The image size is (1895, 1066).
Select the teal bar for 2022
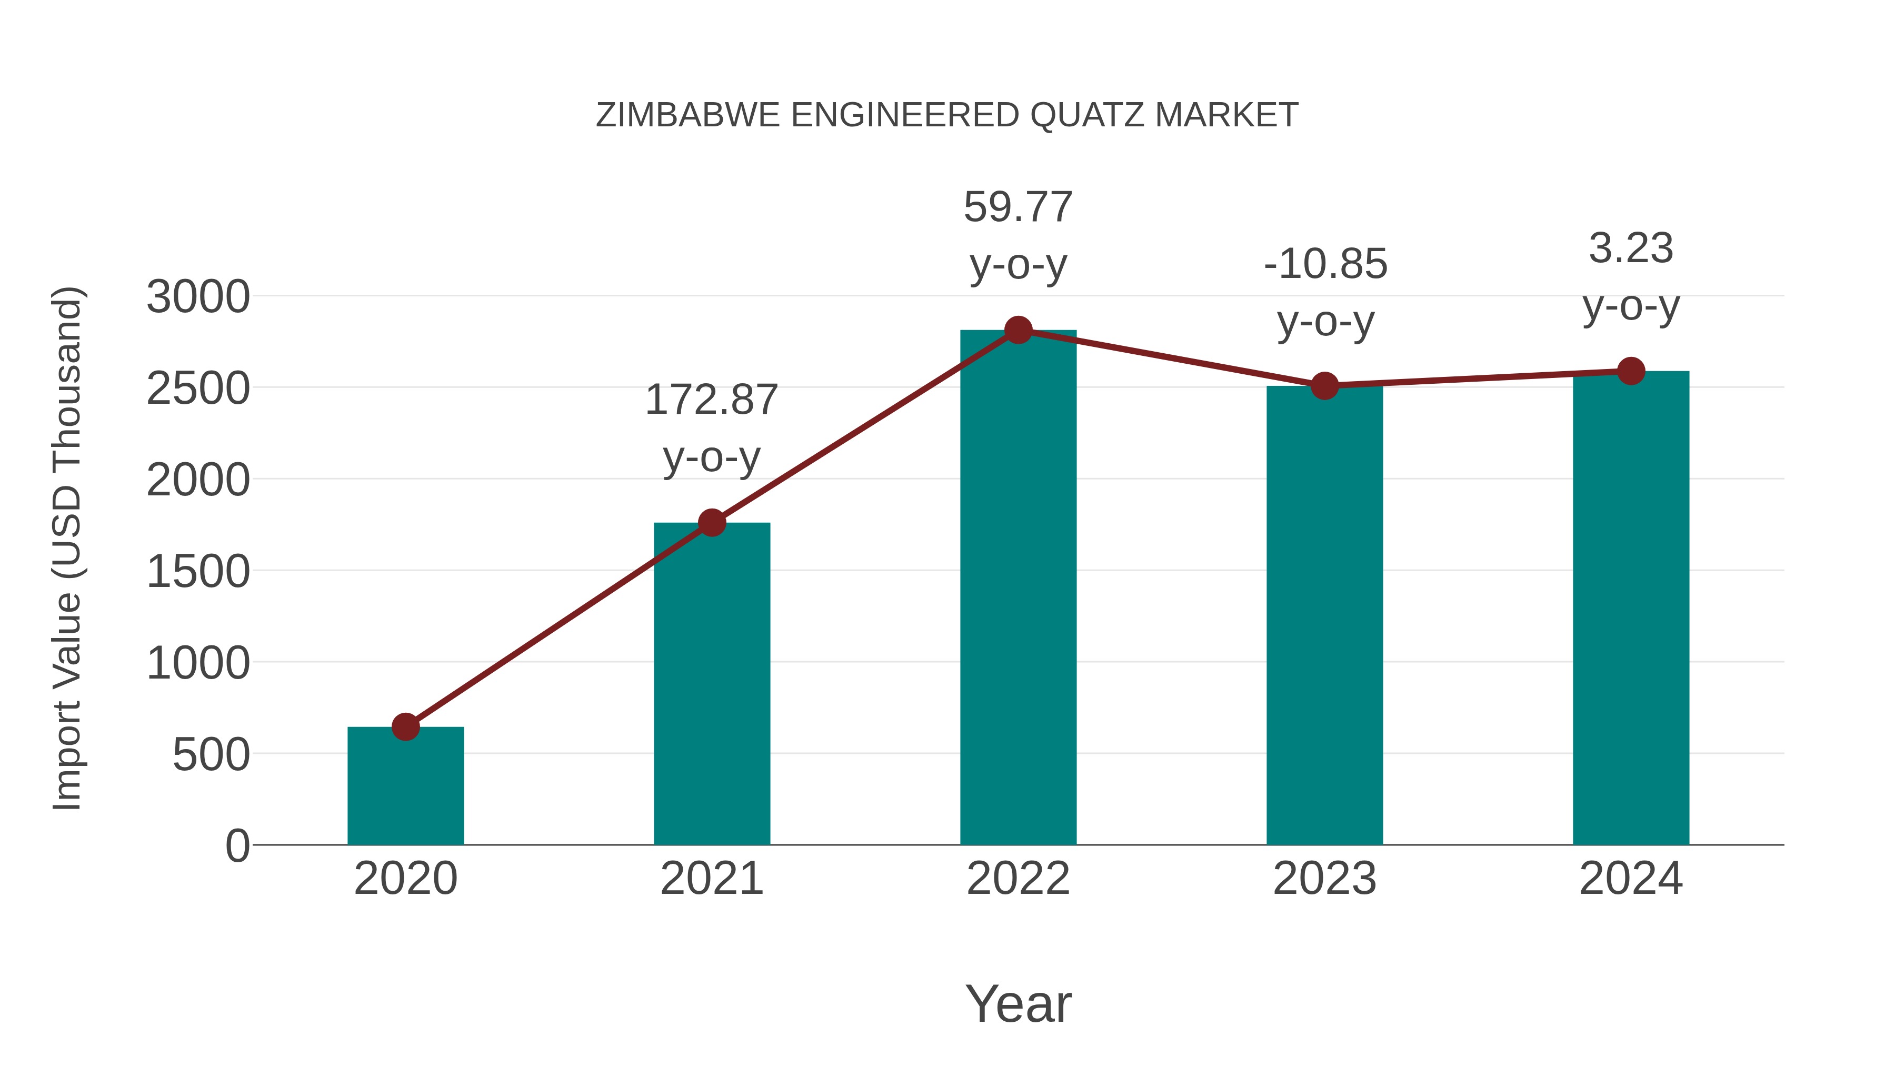[1018, 589]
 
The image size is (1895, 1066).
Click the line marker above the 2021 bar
[711, 523]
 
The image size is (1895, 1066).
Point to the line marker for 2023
[1324, 385]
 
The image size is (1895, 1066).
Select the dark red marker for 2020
[405, 727]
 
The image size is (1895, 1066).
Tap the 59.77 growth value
[1018, 207]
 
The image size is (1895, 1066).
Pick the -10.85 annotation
[1325, 264]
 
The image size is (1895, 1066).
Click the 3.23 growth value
[1631, 248]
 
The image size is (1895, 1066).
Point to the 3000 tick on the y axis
[198, 298]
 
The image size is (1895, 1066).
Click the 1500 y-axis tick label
[198, 572]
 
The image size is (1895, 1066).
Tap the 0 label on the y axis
[237, 846]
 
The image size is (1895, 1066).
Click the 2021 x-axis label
[711, 879]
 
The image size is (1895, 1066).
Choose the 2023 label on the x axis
[1324, 879]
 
